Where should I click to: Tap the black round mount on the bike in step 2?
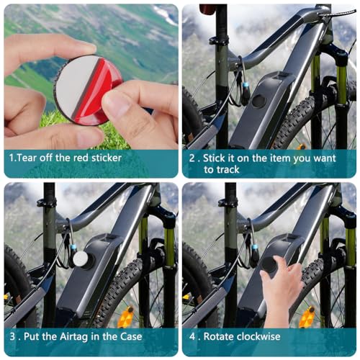(258, 101)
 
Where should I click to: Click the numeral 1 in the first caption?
(11, 157)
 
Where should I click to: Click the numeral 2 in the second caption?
(192, 157)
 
